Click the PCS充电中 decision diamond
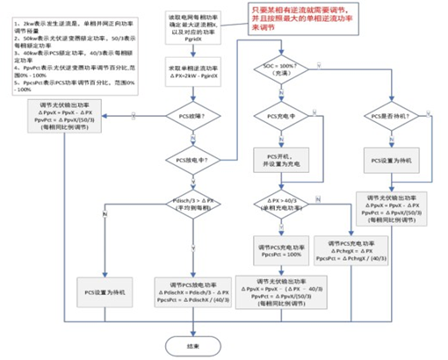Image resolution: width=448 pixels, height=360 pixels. pos(280,116)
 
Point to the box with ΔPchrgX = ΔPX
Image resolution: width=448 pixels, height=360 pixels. pos(350,250)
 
